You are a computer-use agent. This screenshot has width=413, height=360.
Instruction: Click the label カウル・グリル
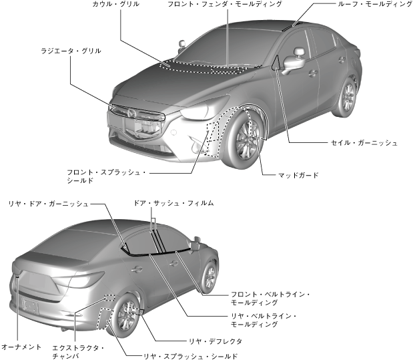click(x=115, y=5)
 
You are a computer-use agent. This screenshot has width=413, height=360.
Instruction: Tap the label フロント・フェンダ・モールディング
click(x=224, y=5)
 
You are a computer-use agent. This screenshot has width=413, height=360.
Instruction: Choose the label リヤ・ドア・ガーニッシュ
click(x=47, y=203)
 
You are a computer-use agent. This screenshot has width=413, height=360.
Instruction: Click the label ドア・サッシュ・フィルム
click(x=169, y=202)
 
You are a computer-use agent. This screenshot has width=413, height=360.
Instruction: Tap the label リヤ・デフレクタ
click(x=217, y=341)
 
